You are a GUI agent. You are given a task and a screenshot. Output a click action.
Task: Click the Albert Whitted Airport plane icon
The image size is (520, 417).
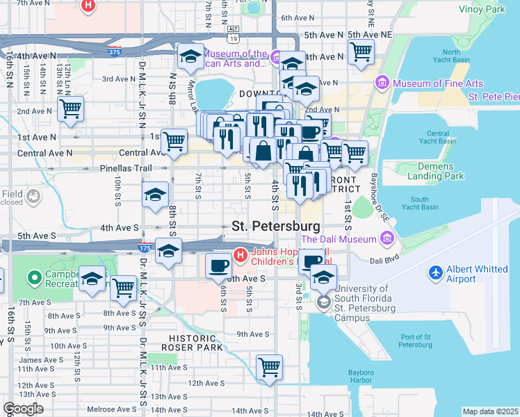436,271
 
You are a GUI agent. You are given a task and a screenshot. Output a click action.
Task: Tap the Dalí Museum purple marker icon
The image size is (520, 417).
387,240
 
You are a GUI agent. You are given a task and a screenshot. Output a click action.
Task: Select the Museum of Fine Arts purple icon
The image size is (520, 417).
382,84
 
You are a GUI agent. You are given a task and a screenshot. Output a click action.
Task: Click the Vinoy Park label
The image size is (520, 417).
482,10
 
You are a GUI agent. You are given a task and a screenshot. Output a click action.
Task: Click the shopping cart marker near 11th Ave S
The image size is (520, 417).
268,366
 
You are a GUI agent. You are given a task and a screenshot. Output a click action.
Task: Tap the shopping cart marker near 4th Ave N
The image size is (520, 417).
361,51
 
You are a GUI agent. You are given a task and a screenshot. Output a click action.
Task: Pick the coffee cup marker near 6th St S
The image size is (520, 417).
219,265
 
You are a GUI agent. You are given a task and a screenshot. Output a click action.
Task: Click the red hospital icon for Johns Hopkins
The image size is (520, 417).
241,255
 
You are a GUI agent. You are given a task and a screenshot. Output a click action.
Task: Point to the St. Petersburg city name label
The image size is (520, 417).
276,227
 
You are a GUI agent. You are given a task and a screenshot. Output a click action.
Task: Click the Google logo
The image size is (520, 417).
23,409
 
